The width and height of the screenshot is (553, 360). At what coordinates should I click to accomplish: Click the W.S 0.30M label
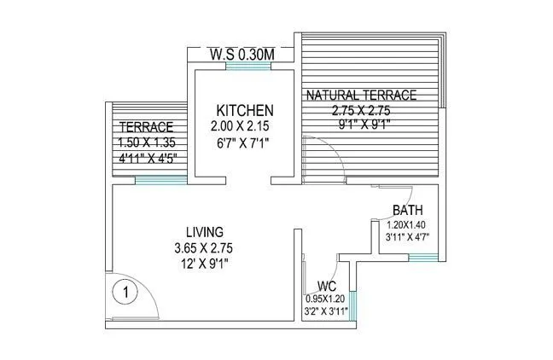click(x=242, y=55)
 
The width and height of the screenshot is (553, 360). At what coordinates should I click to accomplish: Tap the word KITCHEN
click(x=244, y=111)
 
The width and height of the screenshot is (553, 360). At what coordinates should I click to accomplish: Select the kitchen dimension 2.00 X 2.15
click(x=244, y=126)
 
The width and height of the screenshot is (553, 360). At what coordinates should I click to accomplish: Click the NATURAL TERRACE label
click(x=362, y=95)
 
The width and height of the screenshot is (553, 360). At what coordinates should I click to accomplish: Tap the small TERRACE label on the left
click(x=147, y=127)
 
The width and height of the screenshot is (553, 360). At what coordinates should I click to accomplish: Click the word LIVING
click(x=205, y=232)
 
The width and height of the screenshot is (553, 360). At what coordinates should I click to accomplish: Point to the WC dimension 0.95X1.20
click(x=325, y=299)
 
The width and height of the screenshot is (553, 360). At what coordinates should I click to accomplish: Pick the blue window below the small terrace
click(x=160, y=179)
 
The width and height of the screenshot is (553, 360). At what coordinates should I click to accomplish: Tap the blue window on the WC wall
click(x=353, y=302)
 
